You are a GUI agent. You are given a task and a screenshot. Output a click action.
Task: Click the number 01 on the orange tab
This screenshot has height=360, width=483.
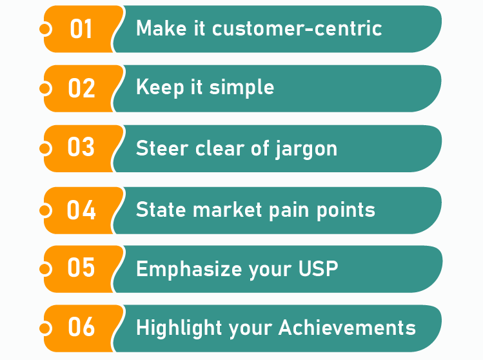click(x=81, y=29)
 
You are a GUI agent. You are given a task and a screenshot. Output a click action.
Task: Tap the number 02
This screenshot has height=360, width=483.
click(x=81, y=88)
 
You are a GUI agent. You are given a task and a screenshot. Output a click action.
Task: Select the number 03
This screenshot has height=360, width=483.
click(x=81, y=148)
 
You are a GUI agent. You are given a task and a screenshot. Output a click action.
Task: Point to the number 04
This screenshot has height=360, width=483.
click(x=81, y=210)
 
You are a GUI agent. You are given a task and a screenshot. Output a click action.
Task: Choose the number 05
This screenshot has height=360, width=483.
click(x=81, y=268)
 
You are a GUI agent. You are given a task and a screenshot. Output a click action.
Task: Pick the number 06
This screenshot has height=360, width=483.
click(x=81, y=328)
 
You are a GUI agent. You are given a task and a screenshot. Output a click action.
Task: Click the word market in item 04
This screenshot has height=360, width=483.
click(x=224, y=210)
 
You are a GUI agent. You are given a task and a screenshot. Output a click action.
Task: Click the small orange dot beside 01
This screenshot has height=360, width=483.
click(x=45, y=29)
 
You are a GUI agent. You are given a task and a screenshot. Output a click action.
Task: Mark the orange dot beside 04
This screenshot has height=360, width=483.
click(x=45, y=210)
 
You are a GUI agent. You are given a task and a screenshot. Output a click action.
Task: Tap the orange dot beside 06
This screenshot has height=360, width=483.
click(x=45, y=328)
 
